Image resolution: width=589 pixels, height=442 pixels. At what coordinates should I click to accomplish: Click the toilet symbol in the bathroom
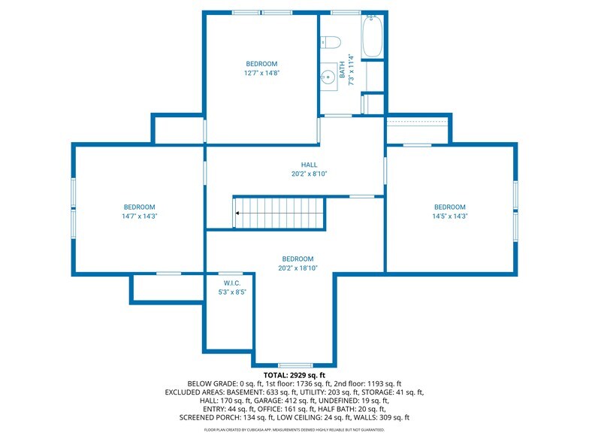pos(332,42)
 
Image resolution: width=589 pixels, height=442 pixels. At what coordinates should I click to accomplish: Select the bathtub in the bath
pos(373,37)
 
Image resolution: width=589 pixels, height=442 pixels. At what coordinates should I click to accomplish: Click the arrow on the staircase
pos(237,213)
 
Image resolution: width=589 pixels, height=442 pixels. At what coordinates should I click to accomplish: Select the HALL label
pos(310,165)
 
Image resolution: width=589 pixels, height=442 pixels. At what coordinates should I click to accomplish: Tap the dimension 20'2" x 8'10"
pos(310,174)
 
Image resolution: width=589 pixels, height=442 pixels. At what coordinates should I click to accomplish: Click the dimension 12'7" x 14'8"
pos(261,74)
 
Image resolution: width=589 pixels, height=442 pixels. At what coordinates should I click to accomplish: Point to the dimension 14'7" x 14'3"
pos(140,216)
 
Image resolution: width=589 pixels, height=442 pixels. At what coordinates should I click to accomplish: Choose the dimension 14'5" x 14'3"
pos(449,216)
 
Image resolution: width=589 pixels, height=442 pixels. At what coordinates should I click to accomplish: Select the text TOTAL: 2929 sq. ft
pos(294,374)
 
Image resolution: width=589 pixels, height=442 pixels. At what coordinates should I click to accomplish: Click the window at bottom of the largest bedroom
pos(295,365)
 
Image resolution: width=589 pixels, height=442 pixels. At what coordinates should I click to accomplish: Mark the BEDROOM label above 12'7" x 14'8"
pos(261,64)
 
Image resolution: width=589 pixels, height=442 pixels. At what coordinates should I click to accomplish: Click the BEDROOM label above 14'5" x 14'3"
pos(449,207)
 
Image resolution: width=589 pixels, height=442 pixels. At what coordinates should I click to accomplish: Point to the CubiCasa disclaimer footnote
pos(294,430)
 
